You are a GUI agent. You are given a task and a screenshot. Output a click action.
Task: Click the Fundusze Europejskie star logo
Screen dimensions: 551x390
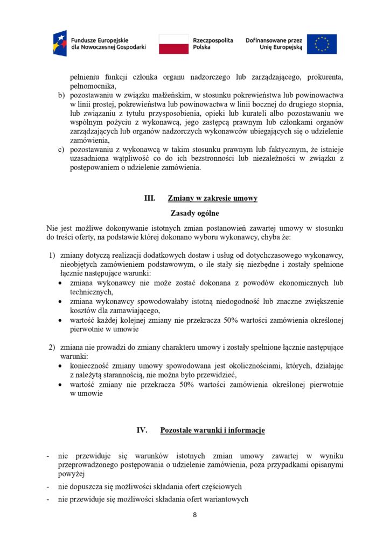coord(60,44)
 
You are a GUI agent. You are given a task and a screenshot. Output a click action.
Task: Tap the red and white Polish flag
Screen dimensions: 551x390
coord(173,44)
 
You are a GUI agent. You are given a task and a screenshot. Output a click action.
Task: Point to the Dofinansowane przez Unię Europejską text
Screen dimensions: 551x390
coord(274,44)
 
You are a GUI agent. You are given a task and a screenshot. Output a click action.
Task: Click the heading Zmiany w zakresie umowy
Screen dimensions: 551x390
coord(212,199)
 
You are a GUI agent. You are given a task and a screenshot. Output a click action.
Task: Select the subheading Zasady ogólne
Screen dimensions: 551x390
coord(194,213)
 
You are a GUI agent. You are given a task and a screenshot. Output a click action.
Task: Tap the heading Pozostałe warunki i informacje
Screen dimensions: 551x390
coord(212,430)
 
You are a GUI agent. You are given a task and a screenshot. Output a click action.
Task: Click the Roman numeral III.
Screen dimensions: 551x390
coord(149,199)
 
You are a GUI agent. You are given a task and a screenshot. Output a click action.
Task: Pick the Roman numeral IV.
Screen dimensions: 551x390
coord(142,430)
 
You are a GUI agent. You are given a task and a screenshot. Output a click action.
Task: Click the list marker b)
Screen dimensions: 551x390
coord(61,95)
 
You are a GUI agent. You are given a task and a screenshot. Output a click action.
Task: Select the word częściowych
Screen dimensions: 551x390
coord(215,486)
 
